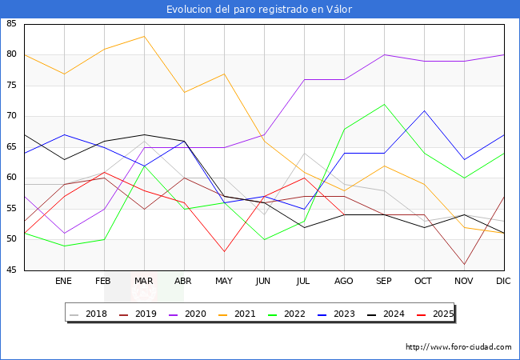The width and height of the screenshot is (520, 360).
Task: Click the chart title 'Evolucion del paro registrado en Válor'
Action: tap(259, 10)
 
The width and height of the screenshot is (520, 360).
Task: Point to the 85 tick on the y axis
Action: tap(12, 24)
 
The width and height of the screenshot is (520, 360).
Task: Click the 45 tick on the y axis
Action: tap(12, 270)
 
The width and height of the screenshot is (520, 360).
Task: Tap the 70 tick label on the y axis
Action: tap(12, 117)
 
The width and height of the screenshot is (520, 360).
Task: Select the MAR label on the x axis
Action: tap(144, 282)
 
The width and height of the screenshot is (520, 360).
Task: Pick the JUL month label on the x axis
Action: tap(304, 282)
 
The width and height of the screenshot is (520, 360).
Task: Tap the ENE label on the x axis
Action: tap(64, 282)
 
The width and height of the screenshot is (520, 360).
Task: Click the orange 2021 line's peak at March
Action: tap(144, 36)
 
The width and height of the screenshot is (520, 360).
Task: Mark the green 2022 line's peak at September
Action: tap(384, 104)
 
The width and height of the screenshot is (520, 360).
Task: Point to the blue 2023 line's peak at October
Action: tap(424, 110)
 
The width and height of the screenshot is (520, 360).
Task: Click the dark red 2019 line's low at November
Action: tap(464, 264)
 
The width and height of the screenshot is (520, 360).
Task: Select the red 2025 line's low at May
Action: tap(224, 252)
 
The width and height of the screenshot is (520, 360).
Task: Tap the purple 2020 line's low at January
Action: tap(64, 234)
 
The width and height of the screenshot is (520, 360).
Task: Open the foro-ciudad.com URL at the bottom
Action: tap(458, 347)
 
